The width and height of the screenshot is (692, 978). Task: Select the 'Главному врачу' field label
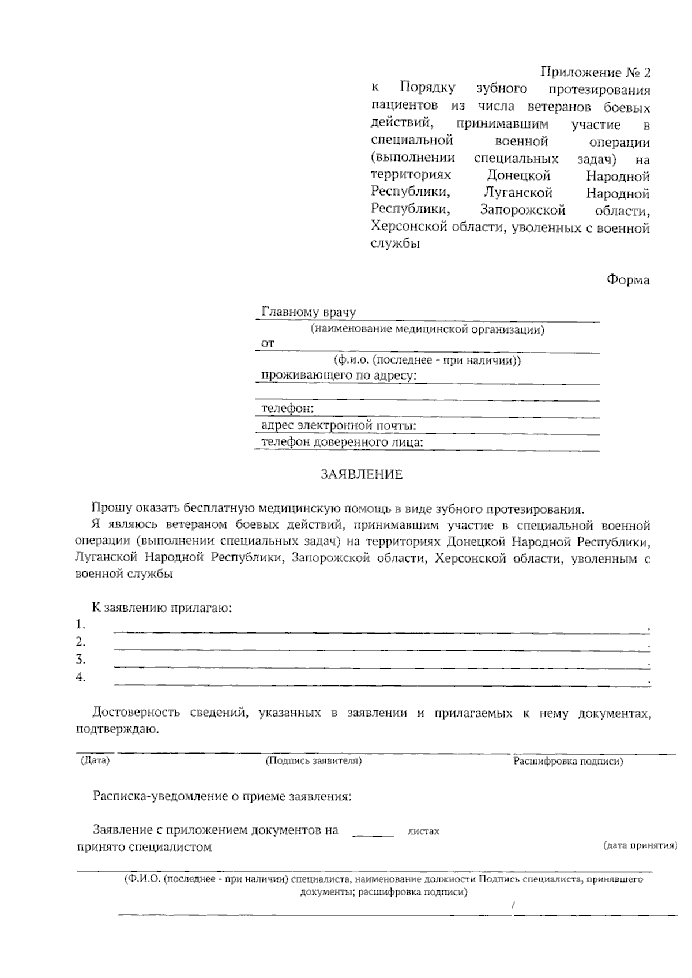click(309, 312)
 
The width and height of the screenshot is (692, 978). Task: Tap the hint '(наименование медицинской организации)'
click(427, 330)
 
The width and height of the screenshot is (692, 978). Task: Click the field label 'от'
click(268, 343)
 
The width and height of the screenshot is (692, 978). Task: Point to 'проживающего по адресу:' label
click(339, 376)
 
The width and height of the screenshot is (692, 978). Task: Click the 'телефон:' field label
click(288, 408)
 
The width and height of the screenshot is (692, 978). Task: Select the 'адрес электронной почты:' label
click(339, 426)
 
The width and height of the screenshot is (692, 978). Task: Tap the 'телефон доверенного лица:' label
click(342, 443)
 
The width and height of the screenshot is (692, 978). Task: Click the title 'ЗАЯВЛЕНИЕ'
click(362, 475)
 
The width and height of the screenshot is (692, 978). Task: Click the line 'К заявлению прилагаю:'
click(162, 608)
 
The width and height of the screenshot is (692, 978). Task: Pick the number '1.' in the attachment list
click(81, 625)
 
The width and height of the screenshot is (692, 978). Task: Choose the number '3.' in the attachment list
click(81, 660)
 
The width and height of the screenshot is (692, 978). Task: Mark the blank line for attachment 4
click(381, 684)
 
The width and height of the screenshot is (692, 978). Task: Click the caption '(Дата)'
click(95, 760)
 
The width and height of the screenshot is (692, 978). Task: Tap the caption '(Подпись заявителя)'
click(314, 761)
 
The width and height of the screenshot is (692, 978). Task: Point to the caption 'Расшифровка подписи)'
click(568, 762)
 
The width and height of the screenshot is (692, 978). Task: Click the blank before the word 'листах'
click(373, 833)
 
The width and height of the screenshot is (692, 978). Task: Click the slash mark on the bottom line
click(513, 906)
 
